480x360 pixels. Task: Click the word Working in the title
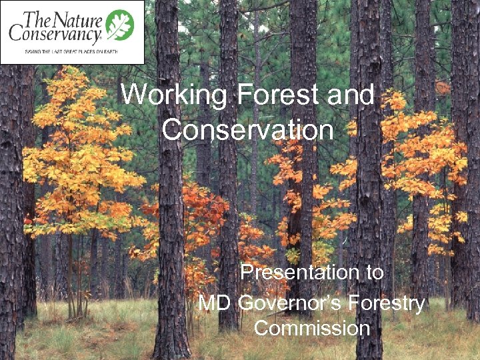173,95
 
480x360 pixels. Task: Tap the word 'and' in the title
351,95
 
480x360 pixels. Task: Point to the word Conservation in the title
247,129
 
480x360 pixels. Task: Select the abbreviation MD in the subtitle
214,304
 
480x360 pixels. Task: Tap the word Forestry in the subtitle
391,304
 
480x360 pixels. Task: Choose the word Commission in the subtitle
312,329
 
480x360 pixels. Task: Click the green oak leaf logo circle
120,24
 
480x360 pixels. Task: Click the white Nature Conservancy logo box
72,32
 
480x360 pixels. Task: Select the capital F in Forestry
365,304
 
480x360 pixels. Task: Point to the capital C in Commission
262,329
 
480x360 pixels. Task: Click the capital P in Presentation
246,273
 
